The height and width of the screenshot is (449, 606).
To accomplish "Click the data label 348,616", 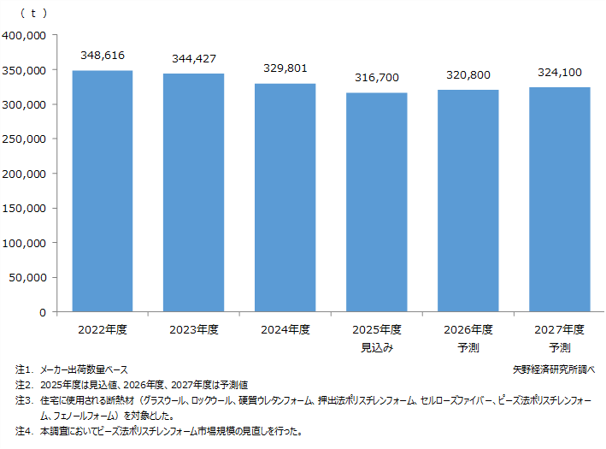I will pos(103,56).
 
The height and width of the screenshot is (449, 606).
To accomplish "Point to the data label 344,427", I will pos(194,59).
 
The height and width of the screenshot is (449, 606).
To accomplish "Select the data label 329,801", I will pos(285,68).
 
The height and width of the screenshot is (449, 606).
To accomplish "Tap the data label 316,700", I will pos(377,78).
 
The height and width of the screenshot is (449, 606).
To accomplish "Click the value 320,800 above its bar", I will pos(468,74).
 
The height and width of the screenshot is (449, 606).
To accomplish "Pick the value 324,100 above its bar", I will pos(560,73).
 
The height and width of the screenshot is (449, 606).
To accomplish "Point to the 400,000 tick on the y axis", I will pos(25,36).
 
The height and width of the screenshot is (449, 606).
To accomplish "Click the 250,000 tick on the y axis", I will pos(25,139).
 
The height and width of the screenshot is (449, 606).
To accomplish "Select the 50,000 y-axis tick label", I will pos(28,277).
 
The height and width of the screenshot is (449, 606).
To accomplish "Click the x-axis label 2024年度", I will pos(285,329).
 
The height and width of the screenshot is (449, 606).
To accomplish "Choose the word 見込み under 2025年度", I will pos(377,347).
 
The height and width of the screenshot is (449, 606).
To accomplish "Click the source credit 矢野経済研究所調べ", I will pos(553,369).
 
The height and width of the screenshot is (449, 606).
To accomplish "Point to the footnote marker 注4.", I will pos(23,431).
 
